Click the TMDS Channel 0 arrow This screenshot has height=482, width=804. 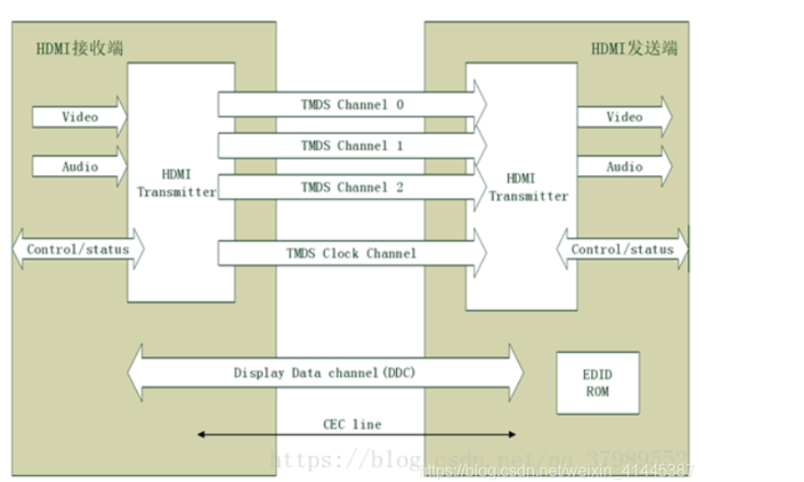(x=352, y=105)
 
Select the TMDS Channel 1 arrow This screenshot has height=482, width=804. (x=352, y=145)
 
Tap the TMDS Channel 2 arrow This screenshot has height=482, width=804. (x=352, y=187)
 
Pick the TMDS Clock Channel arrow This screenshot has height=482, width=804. (x=352, y=253)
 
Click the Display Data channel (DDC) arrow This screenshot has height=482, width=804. (x=325, y=372)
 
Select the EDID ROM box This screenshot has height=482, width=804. (x=597, y=383)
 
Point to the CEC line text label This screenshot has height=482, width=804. (x=352, y=423)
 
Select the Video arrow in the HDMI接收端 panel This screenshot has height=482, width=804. (x=79, y=116)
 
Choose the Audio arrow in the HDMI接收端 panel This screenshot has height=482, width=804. (x=79, y=167)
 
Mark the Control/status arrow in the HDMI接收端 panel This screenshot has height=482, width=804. (x=78, y=249)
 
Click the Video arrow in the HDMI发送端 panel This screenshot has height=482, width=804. (x=624, y=116)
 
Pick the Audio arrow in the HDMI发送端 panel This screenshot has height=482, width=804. (x=624, y=167)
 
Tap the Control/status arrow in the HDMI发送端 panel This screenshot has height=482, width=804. (x=623, y=249)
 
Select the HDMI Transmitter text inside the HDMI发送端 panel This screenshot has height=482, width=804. (x=529, y=187)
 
